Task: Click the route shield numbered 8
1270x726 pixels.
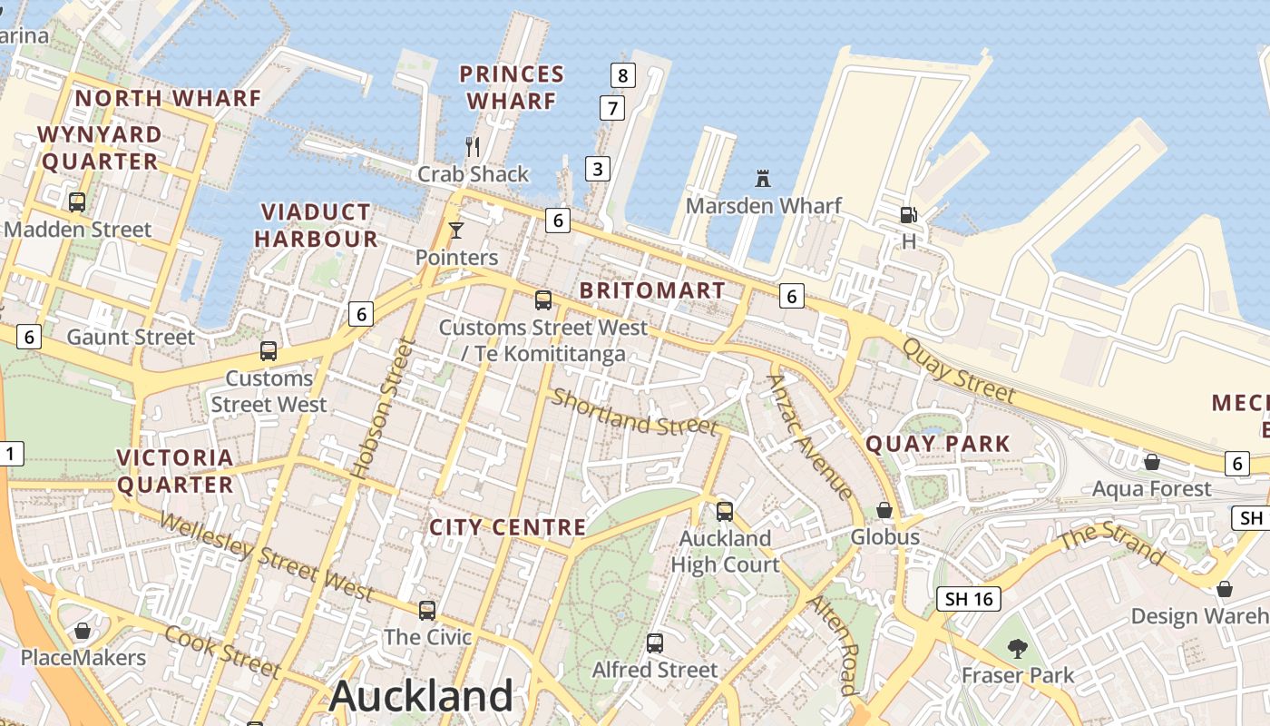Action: tap(622, 75)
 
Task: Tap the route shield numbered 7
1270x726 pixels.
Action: tap(612, 109)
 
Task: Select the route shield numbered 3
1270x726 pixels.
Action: tap(597, 168)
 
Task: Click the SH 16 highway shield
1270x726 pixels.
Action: tap(969, 599)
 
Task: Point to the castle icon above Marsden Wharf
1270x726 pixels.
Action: tap(762, 179)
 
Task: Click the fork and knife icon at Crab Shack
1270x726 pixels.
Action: tap(472, 146)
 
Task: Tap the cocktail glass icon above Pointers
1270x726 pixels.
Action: tap(455, 231)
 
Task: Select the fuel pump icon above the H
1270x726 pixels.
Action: tap(908, 215)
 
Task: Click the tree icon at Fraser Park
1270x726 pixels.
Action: tap(1017, 648)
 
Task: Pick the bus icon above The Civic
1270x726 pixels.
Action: tap(427, 611)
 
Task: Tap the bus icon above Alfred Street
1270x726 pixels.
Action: tap(655, 643)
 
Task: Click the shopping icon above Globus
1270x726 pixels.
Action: tap(884, 511)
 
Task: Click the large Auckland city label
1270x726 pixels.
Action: tap(421, 696)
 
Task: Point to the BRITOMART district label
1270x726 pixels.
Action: tap(652, 290)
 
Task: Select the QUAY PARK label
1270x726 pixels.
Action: tap(938, 444)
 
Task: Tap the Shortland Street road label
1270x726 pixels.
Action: tap(635, 412)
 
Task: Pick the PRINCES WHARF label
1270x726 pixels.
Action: tap(512, 87)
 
